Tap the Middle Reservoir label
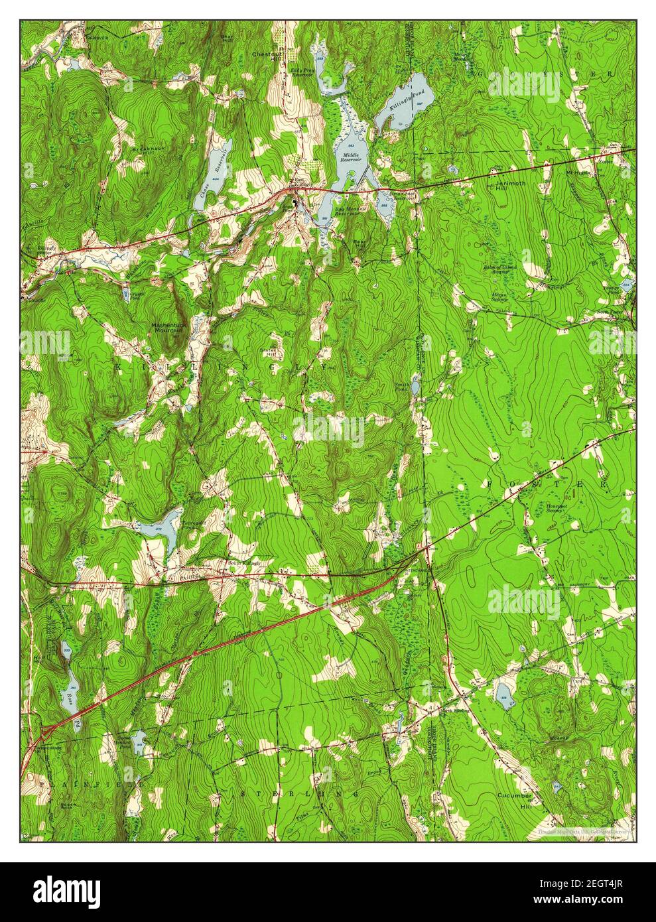[351, 158]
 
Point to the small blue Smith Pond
[415, 387]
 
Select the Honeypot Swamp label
[558, 508]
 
